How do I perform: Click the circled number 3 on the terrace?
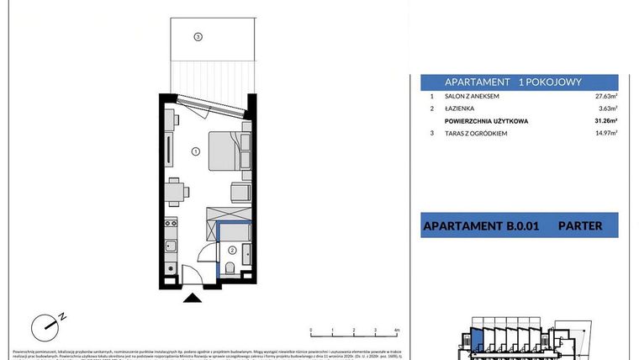[x=198, y=36]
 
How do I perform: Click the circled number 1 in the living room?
[x=194, y=152]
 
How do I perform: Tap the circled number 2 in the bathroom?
[x=231, y=249]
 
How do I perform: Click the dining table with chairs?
[x=175, y=193]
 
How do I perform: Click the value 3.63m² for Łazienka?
[x=607, y=109]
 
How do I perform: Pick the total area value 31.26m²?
[x=605, y=121]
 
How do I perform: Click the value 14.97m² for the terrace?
[x=605, y=133]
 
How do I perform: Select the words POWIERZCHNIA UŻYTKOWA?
[x=486, y=121]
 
